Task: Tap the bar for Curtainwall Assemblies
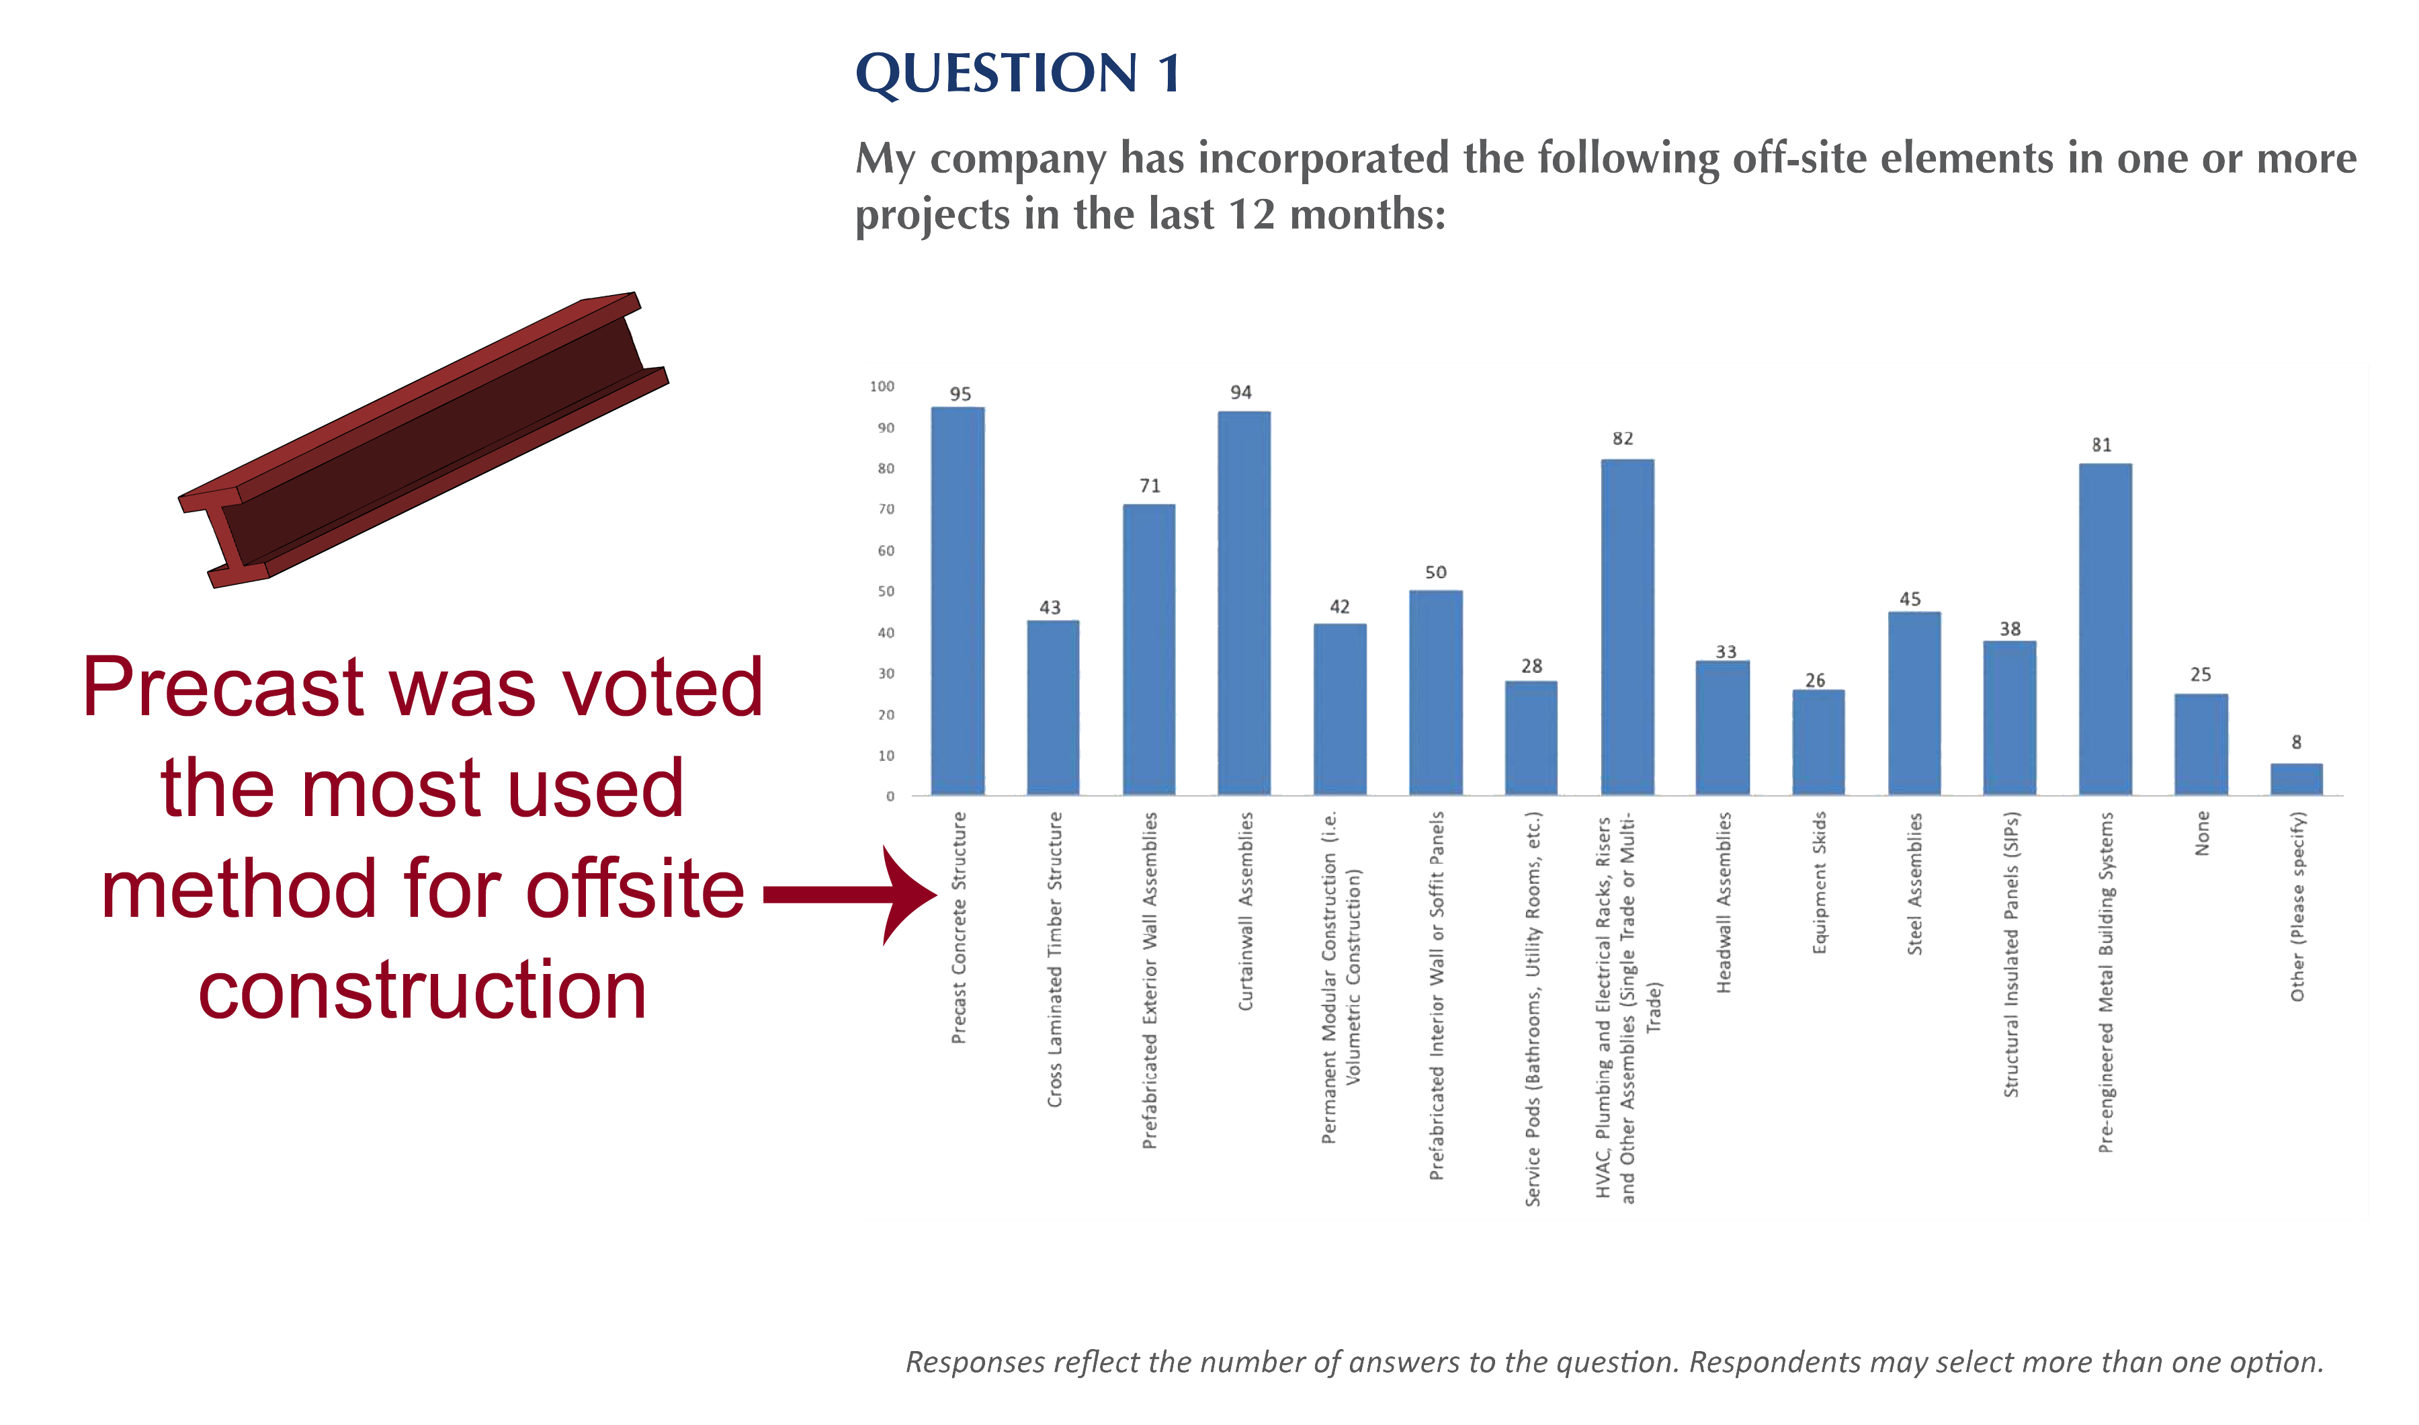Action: point(1244,603)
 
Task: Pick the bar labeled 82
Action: point(1627,627)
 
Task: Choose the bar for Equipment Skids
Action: point(1818,742)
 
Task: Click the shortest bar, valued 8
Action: point(2296,779)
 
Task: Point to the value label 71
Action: point(1150,486)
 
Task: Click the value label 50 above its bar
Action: point(1436,572)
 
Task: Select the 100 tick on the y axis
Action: point(882,386)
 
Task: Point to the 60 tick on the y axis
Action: point(886,551)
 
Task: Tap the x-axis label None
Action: point(2202,833)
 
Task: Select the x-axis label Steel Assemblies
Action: point(1915,883)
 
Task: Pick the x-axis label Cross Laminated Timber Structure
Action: point(1055,959)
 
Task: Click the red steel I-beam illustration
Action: point(423,440)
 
